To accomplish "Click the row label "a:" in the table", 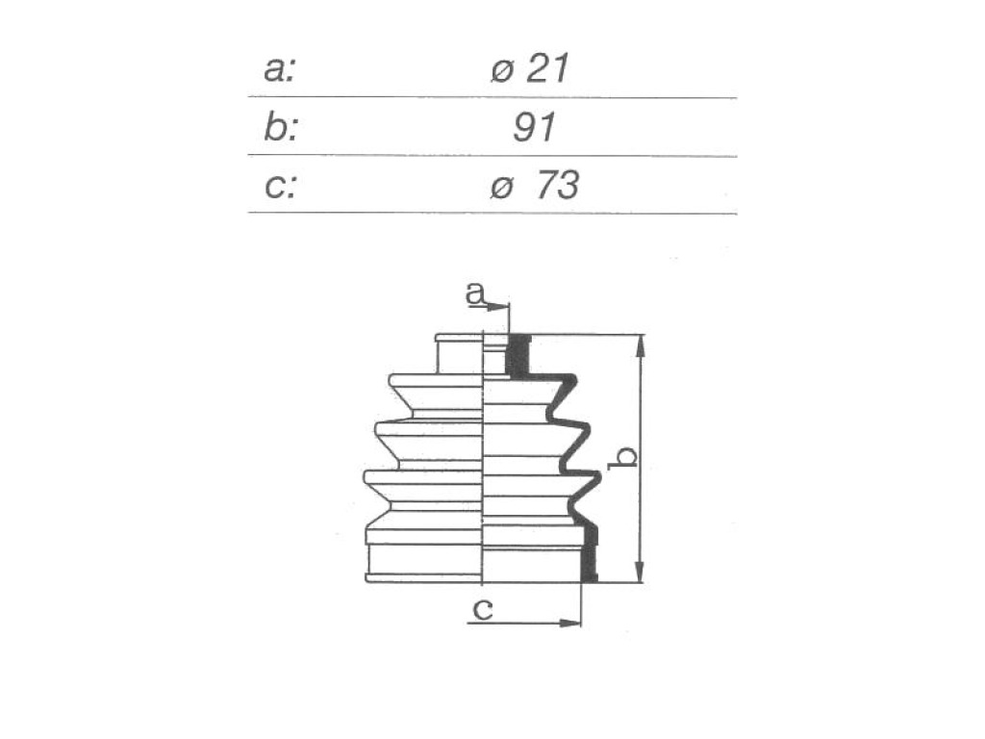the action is [x=279, y=69].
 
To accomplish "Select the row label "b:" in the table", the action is [x=280, y=128].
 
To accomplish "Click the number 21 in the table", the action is [x=546, y=68].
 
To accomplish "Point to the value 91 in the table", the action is [x=534, y=128].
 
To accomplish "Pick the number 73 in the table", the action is [x=558, y=186].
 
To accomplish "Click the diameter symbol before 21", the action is [x=502, y=71].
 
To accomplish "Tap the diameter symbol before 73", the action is [x=502, y=188].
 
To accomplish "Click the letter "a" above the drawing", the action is [x=475, y=293].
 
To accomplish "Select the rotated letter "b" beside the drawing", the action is [x=623, y=458].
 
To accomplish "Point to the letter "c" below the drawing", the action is [x=483, y=608].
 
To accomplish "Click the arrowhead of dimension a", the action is [x=498, y=307].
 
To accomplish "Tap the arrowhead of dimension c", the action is [x=570, y=623].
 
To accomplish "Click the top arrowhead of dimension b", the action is [x=640, y=345].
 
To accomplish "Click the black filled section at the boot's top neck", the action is [x=518, y=356].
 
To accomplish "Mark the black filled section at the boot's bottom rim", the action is [x=590, y=553].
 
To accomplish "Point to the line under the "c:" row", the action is [x=492, y=213].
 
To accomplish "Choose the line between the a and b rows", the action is [x=492, y=97].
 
